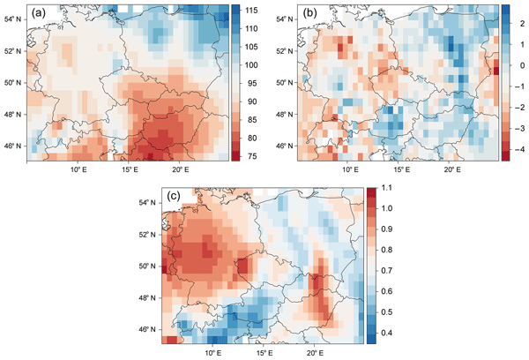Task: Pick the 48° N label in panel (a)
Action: (14, 114)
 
